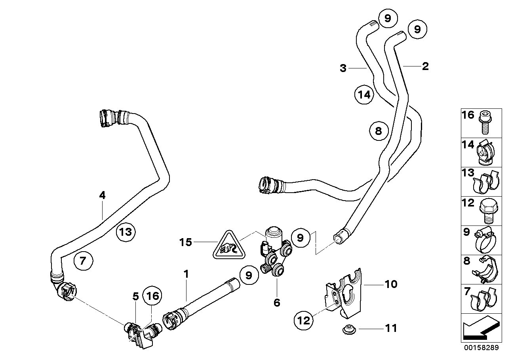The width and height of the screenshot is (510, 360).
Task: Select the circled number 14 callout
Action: (x=364, y=95)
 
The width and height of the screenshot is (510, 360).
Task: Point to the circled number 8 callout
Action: (x=379, y=131)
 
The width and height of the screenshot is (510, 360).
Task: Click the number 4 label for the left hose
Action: (x=102, y=195)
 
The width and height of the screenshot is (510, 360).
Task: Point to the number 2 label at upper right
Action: (x=425, y=66)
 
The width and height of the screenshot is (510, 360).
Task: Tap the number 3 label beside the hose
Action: (x=343, y=68)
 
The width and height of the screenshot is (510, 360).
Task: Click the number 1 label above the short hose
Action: (x=186, y=274)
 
